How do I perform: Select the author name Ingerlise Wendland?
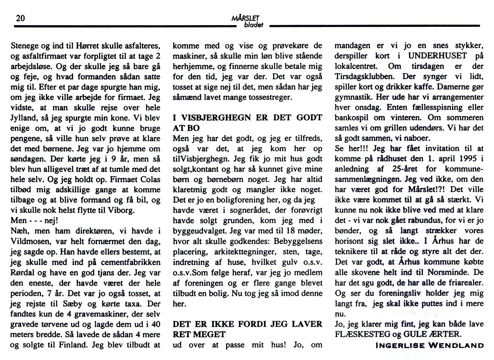pyautogui.click(x=430, y=346)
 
